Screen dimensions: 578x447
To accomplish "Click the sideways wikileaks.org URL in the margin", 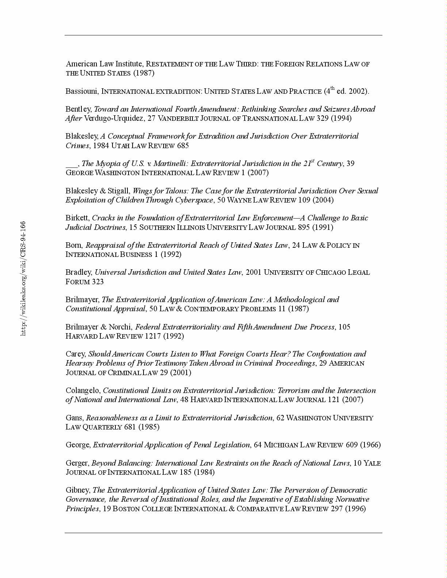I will point(23,278).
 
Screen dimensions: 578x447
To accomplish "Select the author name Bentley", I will point(79,109).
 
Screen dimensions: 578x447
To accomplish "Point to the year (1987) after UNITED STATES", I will point(144,73).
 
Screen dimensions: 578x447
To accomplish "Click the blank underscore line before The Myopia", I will point(72,164).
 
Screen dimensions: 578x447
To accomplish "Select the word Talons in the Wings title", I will point(176,191).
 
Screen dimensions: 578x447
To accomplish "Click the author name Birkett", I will point(77,218).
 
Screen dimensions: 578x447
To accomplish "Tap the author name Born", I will point(74,245).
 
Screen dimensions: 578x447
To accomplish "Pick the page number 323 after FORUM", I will point(98,282).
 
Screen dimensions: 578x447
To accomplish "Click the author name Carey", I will point(75,354).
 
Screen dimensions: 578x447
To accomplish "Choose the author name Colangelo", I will point(83,390).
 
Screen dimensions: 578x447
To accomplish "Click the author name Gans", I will point(74,418).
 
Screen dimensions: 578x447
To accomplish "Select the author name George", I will point(78,445).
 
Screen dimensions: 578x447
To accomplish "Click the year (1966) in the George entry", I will point(370,445).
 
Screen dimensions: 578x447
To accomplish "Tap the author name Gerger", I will point(77,463).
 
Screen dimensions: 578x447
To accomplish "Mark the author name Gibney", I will point(77,490).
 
